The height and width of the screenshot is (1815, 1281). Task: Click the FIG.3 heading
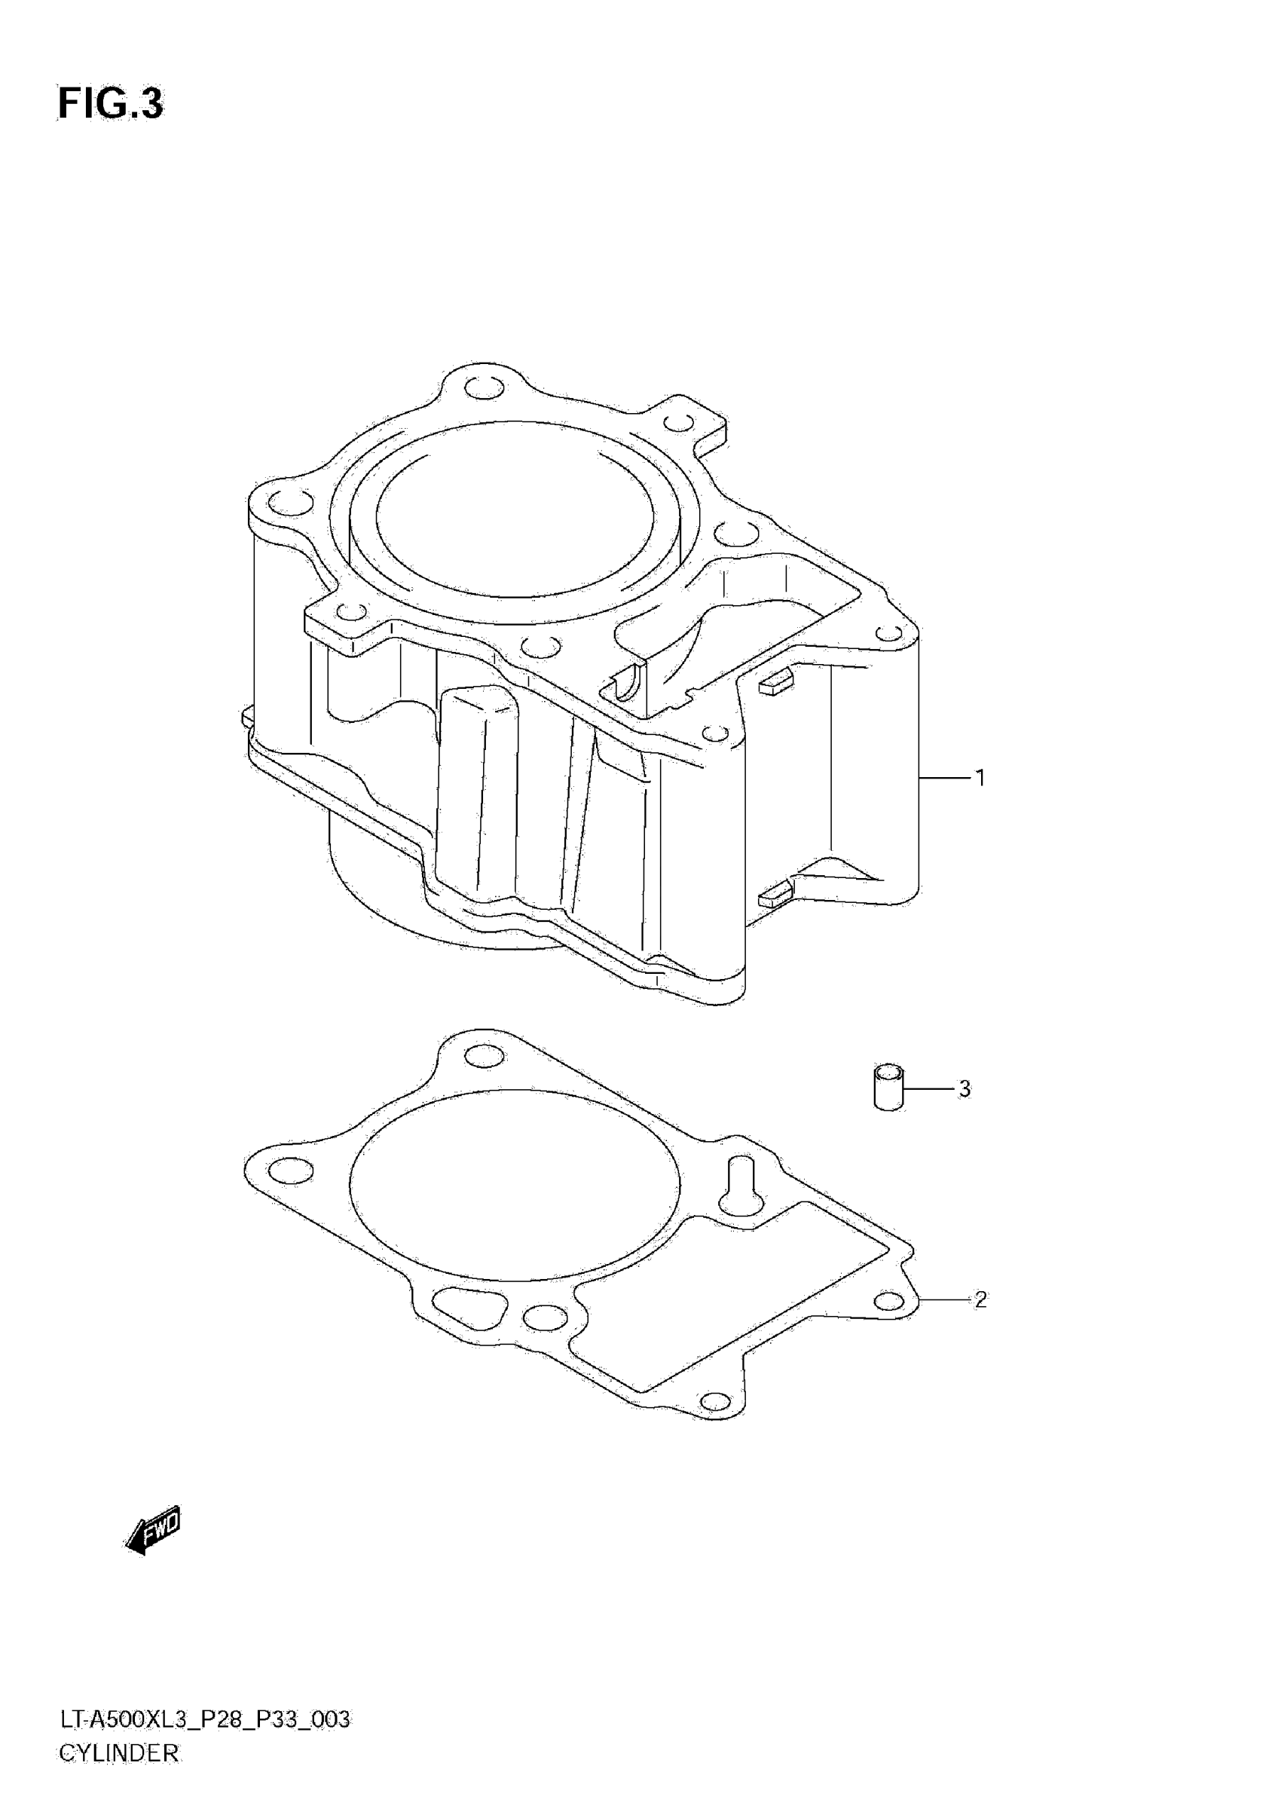111,103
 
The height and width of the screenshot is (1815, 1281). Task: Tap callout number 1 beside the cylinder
980,778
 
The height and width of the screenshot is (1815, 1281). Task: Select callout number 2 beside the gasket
980,1299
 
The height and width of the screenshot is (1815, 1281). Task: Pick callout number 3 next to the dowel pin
964,1088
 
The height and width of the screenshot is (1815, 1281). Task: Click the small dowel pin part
889,1088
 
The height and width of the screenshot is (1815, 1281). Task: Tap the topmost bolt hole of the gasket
485,1055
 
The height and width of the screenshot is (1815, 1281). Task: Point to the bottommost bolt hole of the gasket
715,1401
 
